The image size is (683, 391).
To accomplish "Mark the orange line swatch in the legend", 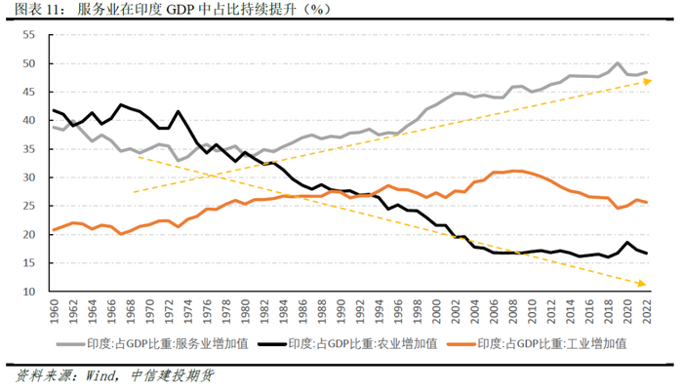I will [x=471, y=344].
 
